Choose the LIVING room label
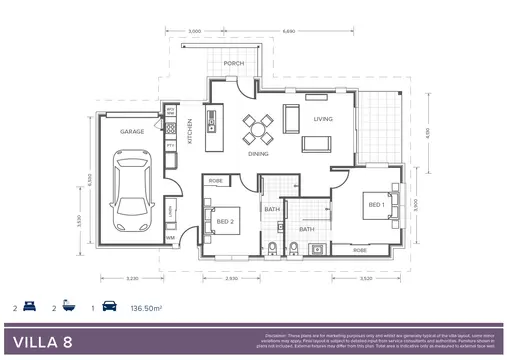click(x=322, y=119)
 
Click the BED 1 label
click(x=376, y=204)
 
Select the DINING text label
click(x=258, y=154)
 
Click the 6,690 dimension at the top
click(x=289, y=32)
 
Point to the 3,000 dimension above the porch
click(x=195, y=32)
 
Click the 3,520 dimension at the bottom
click(x=366, y=278)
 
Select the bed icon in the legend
click(x=29, y=309)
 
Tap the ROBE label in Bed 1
click(x=359, y=249)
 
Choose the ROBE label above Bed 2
click(x=215, y=181)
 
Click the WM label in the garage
click(x=171, y=238)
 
